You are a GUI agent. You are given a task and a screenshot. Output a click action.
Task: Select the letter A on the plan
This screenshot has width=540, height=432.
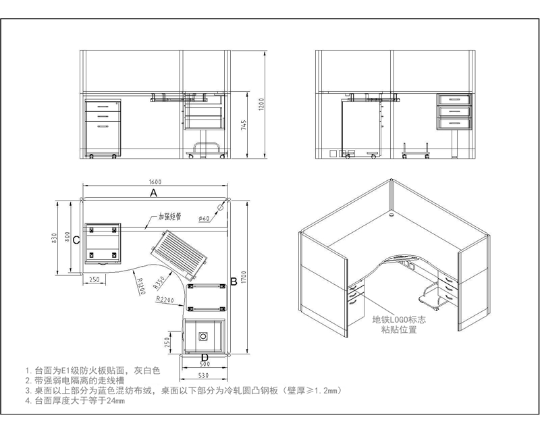pyautogui.click(x=153, y=192)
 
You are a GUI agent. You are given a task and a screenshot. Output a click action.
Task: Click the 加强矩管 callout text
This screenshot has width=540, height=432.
pyautogui.click(x=170, y=217)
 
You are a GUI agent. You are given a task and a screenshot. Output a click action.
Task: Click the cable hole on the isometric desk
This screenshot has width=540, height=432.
pyautogui.click(x=394, y=217)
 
